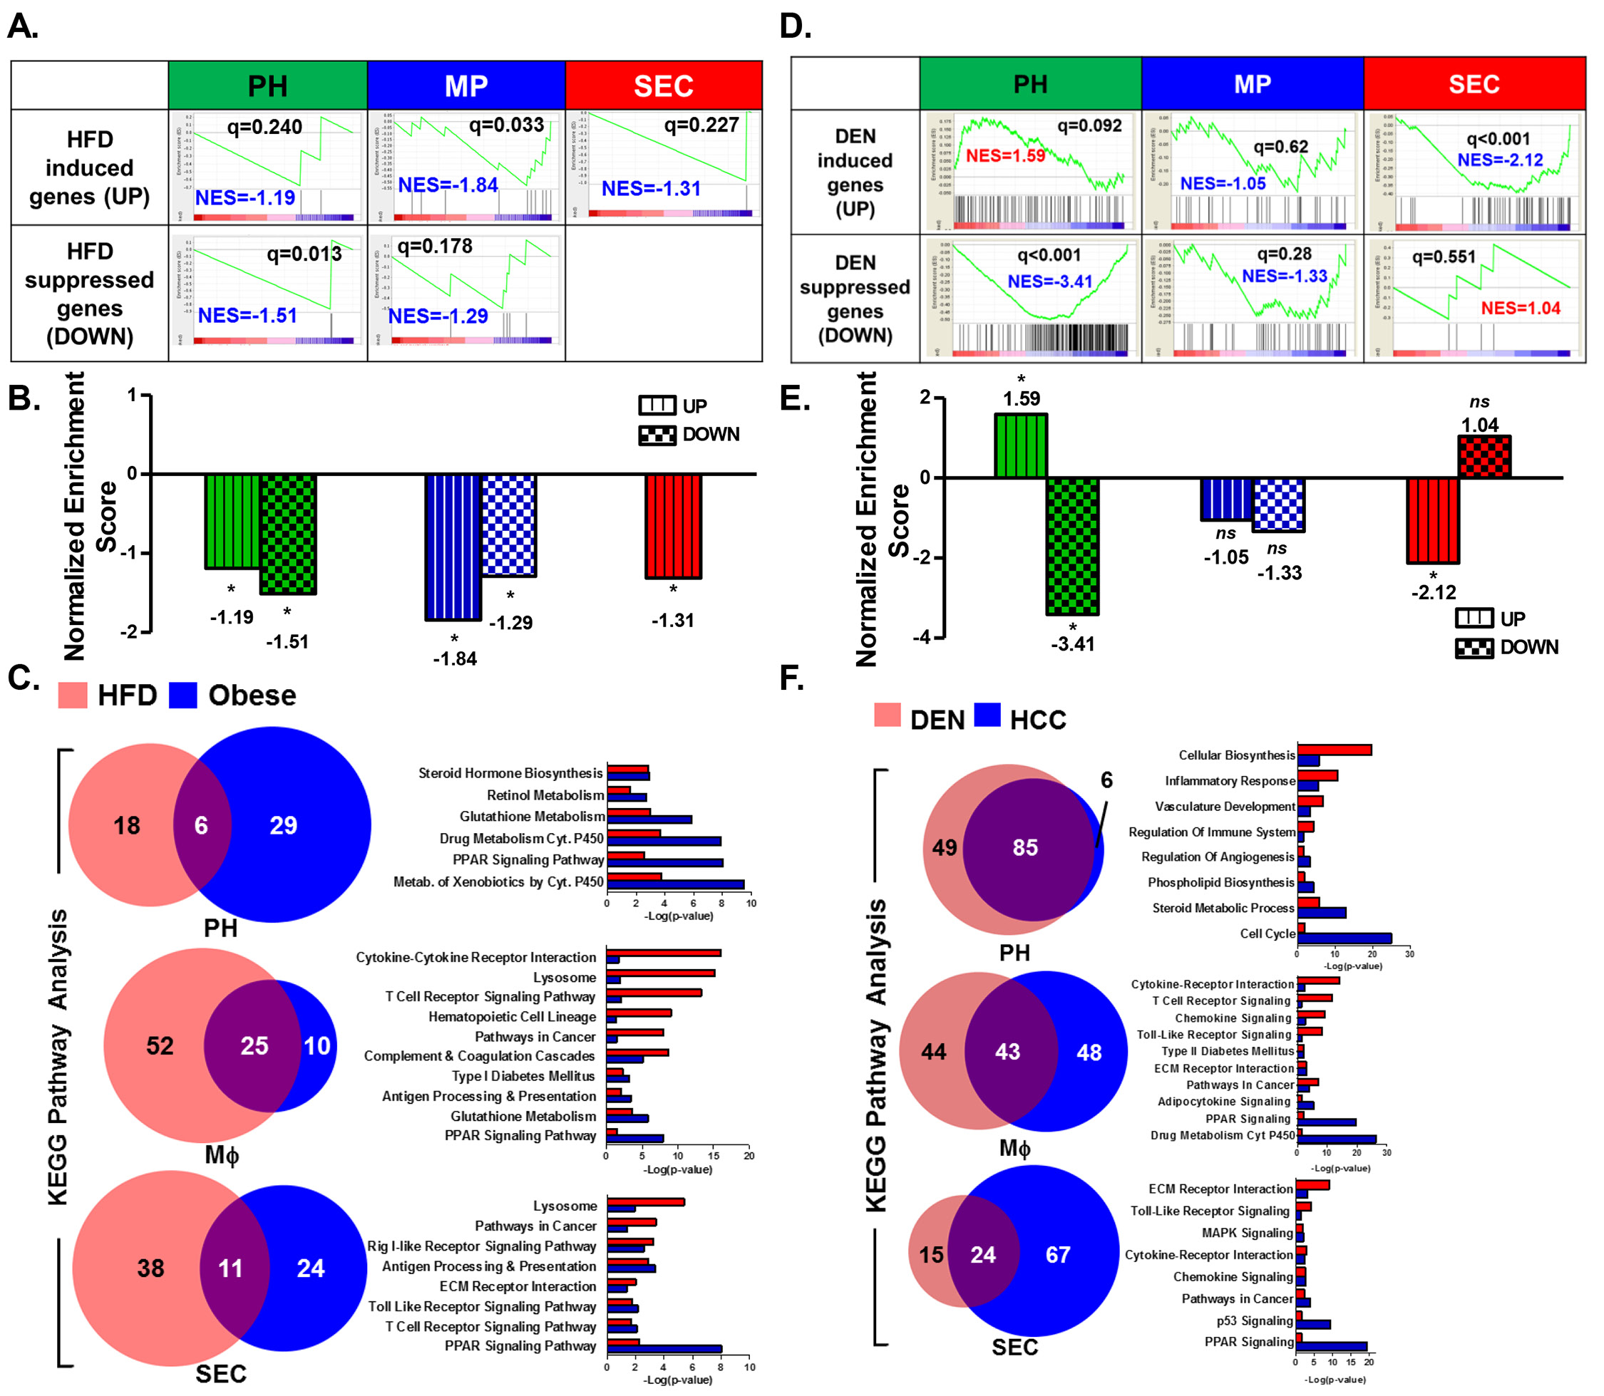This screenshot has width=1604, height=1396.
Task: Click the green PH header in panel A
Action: pyautogui.click(x=267, y=86)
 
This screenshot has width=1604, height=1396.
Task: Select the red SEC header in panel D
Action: pyautogui.click(x=1474, y=83)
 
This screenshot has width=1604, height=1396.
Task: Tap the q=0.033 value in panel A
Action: pyautogui.click(x=506, y=125)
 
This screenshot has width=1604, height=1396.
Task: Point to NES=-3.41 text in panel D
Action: pyautogui.click(x=1050, y=281)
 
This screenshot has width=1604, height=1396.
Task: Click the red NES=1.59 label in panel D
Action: pyautogui.click(x=1005, y=156)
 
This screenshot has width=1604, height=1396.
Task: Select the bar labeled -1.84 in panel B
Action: pyautogui.click(x=453, y=547)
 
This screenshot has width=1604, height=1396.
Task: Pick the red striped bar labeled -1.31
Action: pyautogui.click(x=674, y=526)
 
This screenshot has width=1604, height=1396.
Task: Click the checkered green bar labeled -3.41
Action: pyautogui.click(x=1072, y=546)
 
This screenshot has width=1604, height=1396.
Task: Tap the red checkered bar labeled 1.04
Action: pyautogui.click(x=1484, y=457)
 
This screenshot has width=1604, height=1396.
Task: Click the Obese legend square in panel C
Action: pyautogui.click(x=183, y=695)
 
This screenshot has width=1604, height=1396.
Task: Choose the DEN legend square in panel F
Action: pyautogui.click(x=887, y=715)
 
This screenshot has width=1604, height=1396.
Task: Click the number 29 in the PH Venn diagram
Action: pyautogui.click(x=283, y=826)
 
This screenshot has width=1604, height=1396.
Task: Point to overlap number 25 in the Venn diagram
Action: pyautogui.click(x=254, y=1045)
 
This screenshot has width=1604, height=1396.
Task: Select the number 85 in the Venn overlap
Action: pyautogui.click(x=1025, y=847)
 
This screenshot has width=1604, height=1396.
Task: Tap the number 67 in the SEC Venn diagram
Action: pyautogui.click(x=1058, y=1255)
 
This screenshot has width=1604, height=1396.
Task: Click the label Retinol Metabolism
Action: pyautogui.click(x=545, y=795)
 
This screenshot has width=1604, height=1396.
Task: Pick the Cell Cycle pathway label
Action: pyautogui.click(x=1268, y=934)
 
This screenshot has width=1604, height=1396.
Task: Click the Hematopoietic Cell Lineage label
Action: pyautogui.click(x=511, y=1017)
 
